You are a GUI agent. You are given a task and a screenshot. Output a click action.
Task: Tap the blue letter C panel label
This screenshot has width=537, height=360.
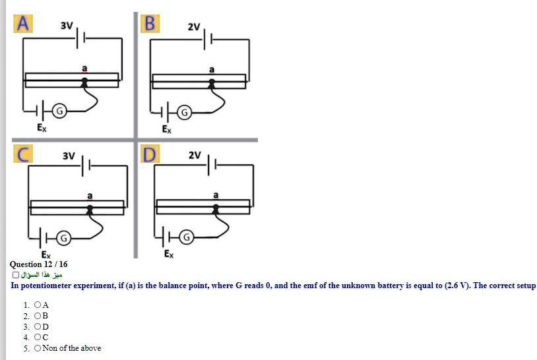(x=23, y=155)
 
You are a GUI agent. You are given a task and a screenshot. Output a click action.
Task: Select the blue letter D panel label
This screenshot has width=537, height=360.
(x=150, y=155)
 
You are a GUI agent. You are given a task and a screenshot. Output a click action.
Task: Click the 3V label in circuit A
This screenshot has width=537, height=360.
(x=67, y=26)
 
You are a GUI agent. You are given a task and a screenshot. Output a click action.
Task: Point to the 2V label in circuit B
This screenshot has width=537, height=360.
(x=193, y=27)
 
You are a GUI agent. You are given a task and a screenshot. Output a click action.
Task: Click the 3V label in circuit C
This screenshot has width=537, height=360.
(x=69, y=156)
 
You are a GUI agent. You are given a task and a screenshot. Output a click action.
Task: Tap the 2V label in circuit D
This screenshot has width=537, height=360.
(x=195, y=156)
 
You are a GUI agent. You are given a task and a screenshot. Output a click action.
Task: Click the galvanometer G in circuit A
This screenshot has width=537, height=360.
(x=58, y=111)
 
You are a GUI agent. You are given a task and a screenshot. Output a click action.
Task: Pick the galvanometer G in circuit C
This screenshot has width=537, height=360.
(x=63, y=236)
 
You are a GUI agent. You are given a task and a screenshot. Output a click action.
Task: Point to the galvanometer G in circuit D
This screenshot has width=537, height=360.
(x=187, y=235)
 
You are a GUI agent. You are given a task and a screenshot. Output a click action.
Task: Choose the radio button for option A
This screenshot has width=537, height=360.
(x=38, y=305)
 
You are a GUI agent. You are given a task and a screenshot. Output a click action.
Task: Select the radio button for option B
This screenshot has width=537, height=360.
(x=38, y=316)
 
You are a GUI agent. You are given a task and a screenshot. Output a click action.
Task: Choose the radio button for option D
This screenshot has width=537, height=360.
(x=38, y=326)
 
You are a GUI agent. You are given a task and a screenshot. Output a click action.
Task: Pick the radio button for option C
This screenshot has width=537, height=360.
(x=38, y=337)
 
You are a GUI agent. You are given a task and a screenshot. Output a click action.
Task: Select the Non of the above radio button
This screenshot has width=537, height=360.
(x=38, y=348)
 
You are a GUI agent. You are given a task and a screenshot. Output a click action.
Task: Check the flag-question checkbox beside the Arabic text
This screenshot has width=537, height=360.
(x=16, y=275)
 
